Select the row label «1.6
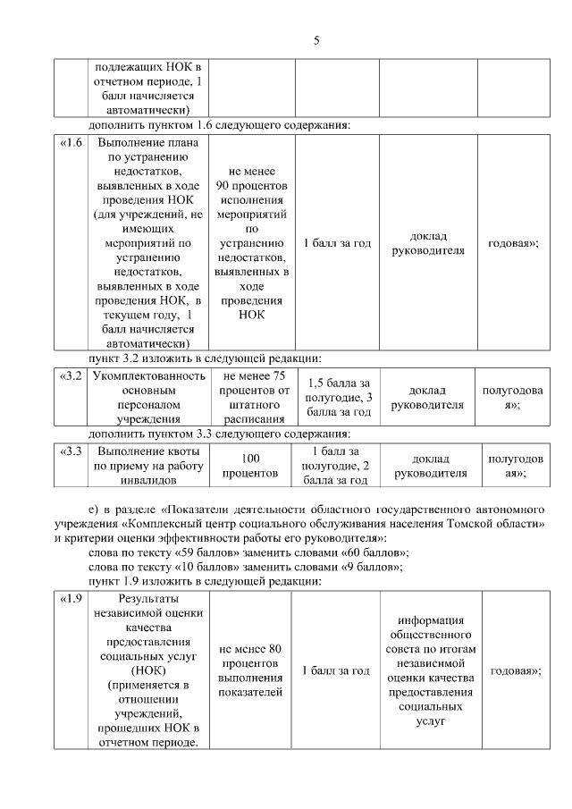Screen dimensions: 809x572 [x=71, y=143]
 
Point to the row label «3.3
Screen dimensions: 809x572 [x=71, y=451]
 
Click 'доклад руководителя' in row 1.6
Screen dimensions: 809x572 [x=429, y=243]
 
